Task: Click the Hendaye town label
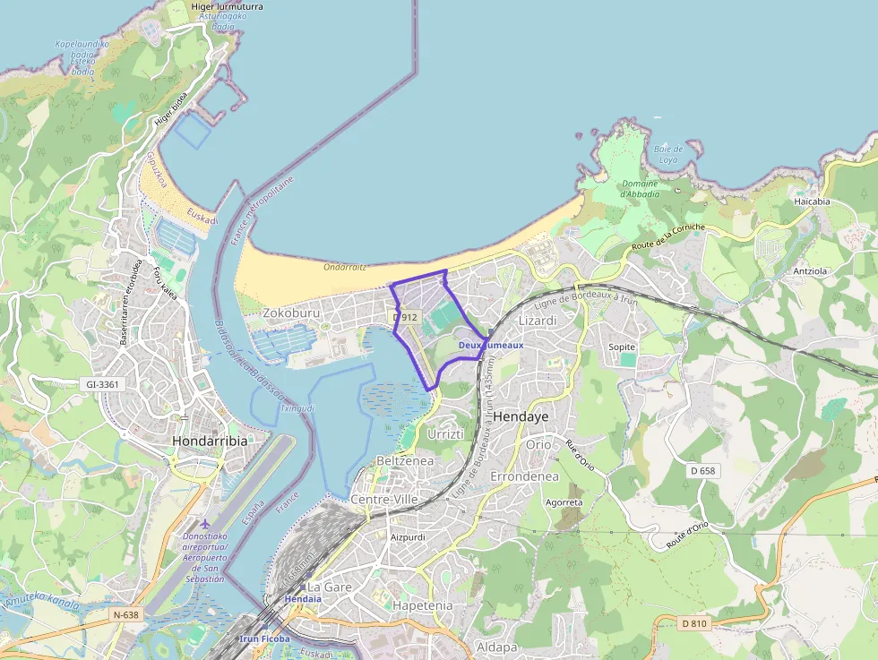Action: pos(521,416)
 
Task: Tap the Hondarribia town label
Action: pos(209,441)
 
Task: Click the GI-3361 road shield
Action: pos(104,384)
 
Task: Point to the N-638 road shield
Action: pos(126,614)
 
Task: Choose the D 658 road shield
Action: pos(703,470)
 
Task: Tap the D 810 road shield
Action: pos(693,623)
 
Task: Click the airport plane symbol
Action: pos(206,523)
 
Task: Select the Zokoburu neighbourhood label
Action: pos(291,313)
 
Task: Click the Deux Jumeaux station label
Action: pos(490,345)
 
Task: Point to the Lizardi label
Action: pos(538,321)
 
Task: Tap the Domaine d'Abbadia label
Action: pos(639,188)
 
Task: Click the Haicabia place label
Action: pos(812,201)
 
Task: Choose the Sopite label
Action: pos(621,347)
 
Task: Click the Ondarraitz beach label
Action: pos(346,266)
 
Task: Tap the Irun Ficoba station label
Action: pos(266,639)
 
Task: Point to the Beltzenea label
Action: pos(405,459)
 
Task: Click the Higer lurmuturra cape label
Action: pos(228,6)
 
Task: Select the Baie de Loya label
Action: pos(668,154)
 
